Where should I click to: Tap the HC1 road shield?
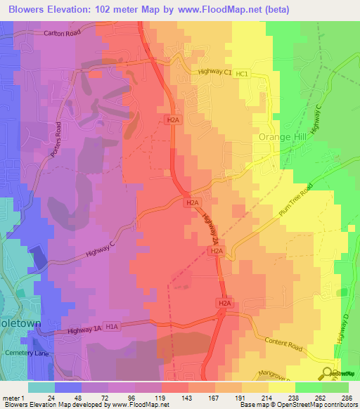click(243, 73)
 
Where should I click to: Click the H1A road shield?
click(114, 326)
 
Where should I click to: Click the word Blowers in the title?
click(30, 10)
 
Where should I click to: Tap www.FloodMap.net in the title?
click(216, 10)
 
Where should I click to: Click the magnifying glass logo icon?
click(328, 373)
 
